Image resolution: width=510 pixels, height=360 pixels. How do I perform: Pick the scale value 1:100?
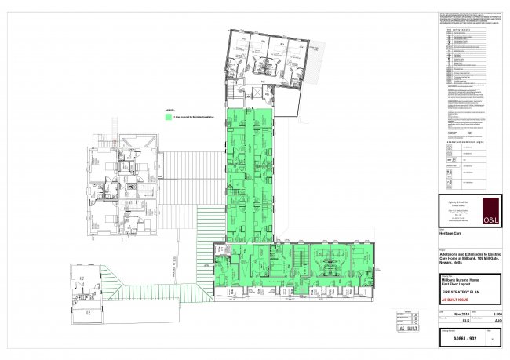click(x=494, y=315)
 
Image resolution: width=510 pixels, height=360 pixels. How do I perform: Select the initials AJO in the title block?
click(x=494, y=322)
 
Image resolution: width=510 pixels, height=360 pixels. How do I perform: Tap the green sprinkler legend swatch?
click(x=169, y=116)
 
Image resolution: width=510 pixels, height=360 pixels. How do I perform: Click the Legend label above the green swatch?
click(x=169, y=110)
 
